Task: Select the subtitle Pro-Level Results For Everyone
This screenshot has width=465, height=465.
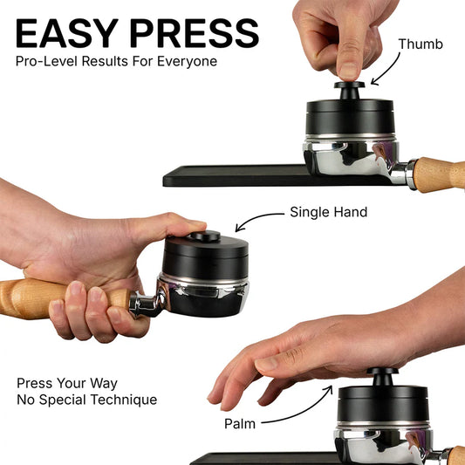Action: [x=116, y=62]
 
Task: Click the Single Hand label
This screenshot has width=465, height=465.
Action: [x=328, y=212]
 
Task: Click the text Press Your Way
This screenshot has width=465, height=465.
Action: [x=67, y=383]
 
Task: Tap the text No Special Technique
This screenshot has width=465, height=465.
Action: [x=87, y=400]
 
